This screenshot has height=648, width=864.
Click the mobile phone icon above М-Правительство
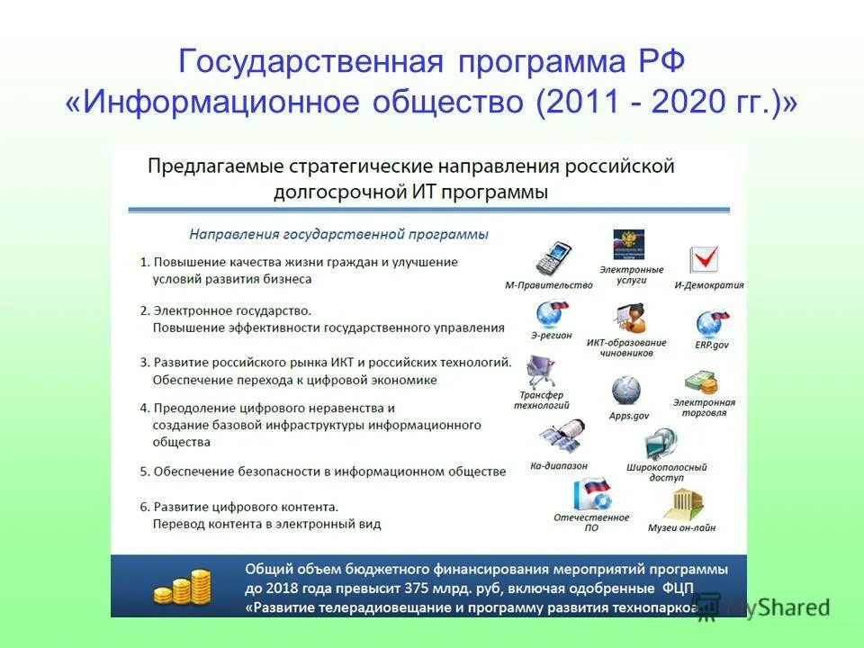tap(553, 258)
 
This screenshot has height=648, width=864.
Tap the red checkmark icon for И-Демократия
tap(703, 259)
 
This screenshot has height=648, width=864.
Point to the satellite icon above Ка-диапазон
tap(562, 438)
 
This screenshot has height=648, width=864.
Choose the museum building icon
tap(682, 505)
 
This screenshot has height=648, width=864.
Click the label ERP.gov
tap(712, 345)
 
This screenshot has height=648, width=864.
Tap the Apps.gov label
tap(628, 416)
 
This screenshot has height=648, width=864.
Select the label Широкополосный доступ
tap(666, 472)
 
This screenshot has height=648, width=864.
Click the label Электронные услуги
tap(631, 274)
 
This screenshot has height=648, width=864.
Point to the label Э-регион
tap(551, 335)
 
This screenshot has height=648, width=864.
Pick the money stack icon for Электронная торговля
tap(701, 383)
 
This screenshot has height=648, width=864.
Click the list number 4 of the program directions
tap(144, 408)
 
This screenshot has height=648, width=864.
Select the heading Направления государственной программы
tap(338, 234)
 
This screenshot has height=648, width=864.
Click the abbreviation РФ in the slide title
tap(662, 63)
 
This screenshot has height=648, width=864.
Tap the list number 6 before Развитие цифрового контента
tap(144, 506)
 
